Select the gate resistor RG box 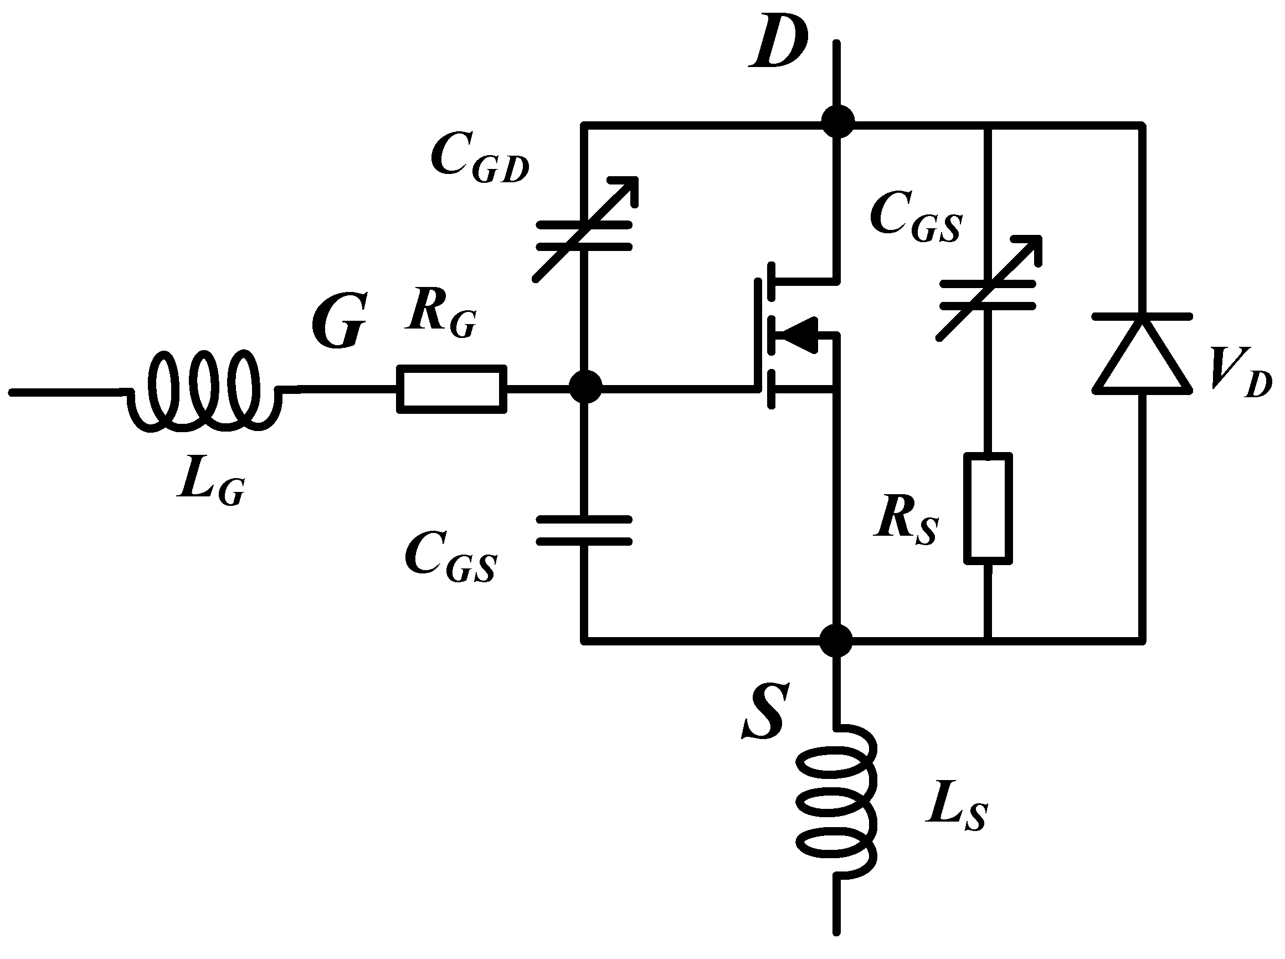(x=451, y=389)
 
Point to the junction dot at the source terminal (x=836, y=641)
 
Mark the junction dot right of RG (x=585, y=387)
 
